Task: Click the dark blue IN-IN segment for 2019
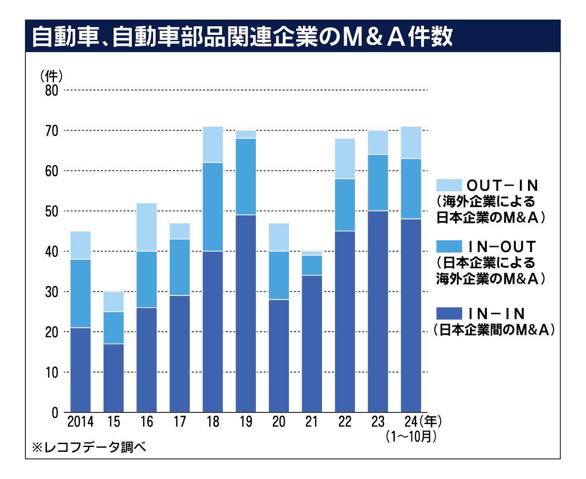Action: pyautogui.click(x=246, y=313)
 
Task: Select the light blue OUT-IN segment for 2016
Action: pyautogui.click(x=147, y=227)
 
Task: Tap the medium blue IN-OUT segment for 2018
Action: pyautogui.click(x=213, y=207)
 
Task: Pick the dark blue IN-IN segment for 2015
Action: pyautogui.click(x=114, y=378)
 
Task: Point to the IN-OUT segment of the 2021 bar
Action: pyautogui.click(x=312, y=265)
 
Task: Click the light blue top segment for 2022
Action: pyautogui.click(x=345, y=159)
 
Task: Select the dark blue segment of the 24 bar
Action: pyautogui.click(x=411, y=315)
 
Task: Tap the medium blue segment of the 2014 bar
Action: pyautogui.click(x=81, y=293)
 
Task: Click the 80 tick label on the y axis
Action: pyautogui.click(x=52, y=91)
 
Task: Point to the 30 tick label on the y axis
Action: pyautogui.click(x=52, y=292)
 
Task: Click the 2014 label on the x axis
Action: pyautogui.click(x=80, y=422)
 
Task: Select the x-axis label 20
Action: pyautogui.click(x=279, y=422)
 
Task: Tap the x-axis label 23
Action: pyautogui.click(x=378, y=422)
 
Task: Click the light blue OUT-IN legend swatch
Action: pyautogui.click(x=449, y=185)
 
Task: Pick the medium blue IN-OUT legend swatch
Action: pyautogui.click(x=449, y=247)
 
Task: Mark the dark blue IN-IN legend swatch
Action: pyautogui.click(x=449, y=313)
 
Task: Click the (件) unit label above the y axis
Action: pyautogui.click(x=51, y=76)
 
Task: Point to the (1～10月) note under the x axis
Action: pyautogui.click(x=411, y=436)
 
